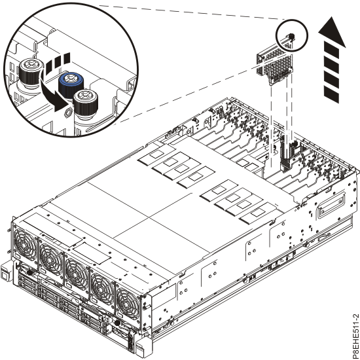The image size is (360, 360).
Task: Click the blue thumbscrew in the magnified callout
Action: click(68, 83)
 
